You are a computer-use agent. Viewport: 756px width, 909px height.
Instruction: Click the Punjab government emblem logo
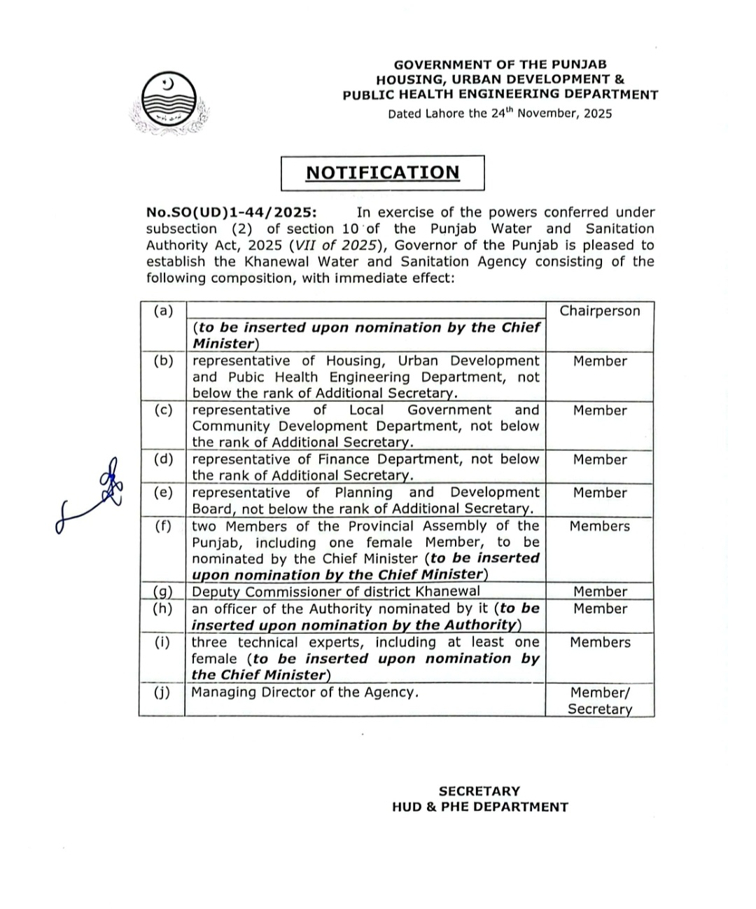(169, 104)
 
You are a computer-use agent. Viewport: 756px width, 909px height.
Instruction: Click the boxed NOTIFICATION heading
(382, 173)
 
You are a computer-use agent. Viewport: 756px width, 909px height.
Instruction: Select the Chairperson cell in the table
(599, 311)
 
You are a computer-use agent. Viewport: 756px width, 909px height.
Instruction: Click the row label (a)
(163, 310)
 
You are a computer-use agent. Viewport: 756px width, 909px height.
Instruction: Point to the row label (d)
(163, 459)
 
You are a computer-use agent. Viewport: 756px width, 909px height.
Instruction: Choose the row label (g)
(163, 592)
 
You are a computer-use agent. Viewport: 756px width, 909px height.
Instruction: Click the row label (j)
(163, 693)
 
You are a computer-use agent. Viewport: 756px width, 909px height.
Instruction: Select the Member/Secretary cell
(599, 701)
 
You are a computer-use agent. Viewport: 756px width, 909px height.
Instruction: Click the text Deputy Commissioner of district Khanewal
(336, 592)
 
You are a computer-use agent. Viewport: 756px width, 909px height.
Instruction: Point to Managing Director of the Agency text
(304, 693)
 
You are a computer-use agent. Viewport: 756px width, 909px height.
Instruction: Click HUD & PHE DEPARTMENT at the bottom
(479, 807)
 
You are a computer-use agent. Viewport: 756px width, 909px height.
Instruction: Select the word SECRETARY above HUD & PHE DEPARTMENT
(479, 791)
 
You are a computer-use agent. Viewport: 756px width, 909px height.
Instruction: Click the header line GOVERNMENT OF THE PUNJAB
(500, 64)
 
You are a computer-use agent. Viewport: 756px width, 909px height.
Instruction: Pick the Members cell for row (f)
(599, 527)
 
